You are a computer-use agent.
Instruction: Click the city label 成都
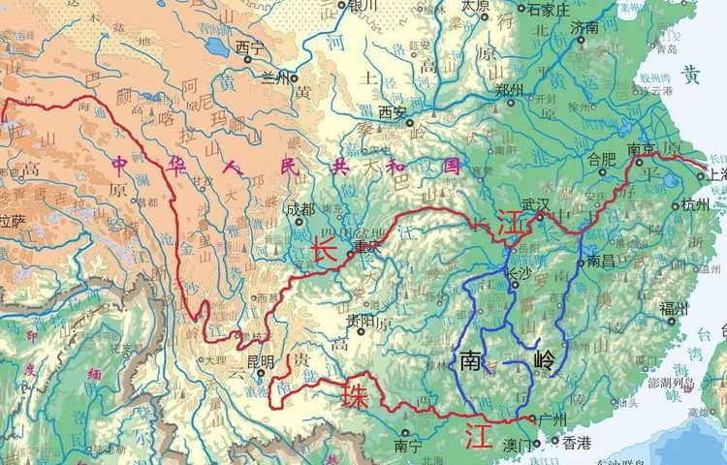(x=301, y=208)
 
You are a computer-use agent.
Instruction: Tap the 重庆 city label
(x=368, y=246)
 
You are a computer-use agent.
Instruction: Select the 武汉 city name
(x=535, y=205)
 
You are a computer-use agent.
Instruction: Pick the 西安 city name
(x=392, y=112)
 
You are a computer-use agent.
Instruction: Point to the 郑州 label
(x=509, y=89)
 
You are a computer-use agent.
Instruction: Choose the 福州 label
(x=673, y=309)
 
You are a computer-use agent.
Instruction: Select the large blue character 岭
(x=546, y=362)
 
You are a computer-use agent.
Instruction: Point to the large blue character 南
(x=471, y=361)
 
